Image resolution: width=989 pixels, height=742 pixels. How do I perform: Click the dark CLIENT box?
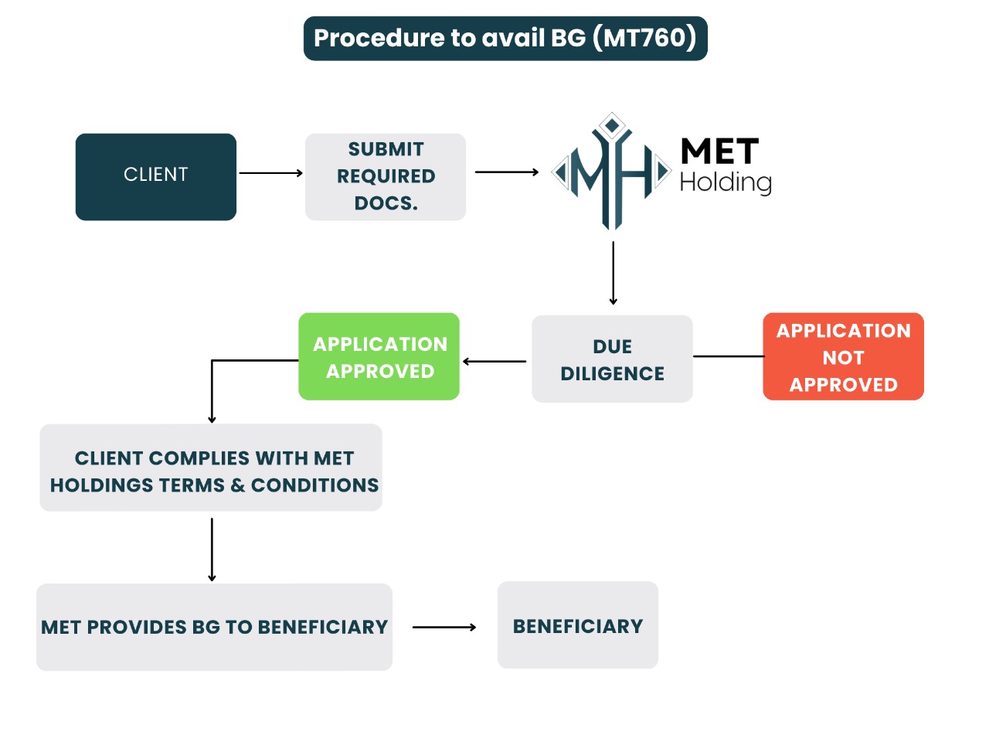[156, 176]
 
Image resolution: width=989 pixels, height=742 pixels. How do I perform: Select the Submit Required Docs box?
[386, 176]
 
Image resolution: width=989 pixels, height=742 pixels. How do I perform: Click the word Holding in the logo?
[726, 182]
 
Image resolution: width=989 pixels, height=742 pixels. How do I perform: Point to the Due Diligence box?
[612, 359]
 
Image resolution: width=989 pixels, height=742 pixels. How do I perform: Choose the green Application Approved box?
[379, 356]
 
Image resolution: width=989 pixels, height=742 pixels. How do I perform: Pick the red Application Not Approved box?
[843, 357]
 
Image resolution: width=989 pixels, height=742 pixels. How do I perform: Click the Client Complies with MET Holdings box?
[211, 468]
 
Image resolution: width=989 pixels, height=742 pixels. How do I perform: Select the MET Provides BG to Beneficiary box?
[214, 627]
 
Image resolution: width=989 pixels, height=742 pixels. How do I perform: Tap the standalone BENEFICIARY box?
[578, 625]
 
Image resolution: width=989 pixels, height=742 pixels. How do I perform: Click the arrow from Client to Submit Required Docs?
[270, 173]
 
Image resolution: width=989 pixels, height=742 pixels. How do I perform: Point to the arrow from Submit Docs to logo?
[506, 172]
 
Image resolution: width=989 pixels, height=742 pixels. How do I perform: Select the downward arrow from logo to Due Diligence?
[613, 273]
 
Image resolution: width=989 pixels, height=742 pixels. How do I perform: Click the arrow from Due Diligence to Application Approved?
[494, 361]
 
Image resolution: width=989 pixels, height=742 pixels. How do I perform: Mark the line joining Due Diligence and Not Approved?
[728, 356]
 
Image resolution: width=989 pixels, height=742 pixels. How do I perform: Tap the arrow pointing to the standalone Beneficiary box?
[444, 628]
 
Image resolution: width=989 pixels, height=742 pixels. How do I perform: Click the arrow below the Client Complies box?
[212, 549]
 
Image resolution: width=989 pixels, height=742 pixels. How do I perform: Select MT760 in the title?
[645, 38]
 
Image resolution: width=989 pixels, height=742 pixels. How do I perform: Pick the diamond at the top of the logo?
[613, 124]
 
